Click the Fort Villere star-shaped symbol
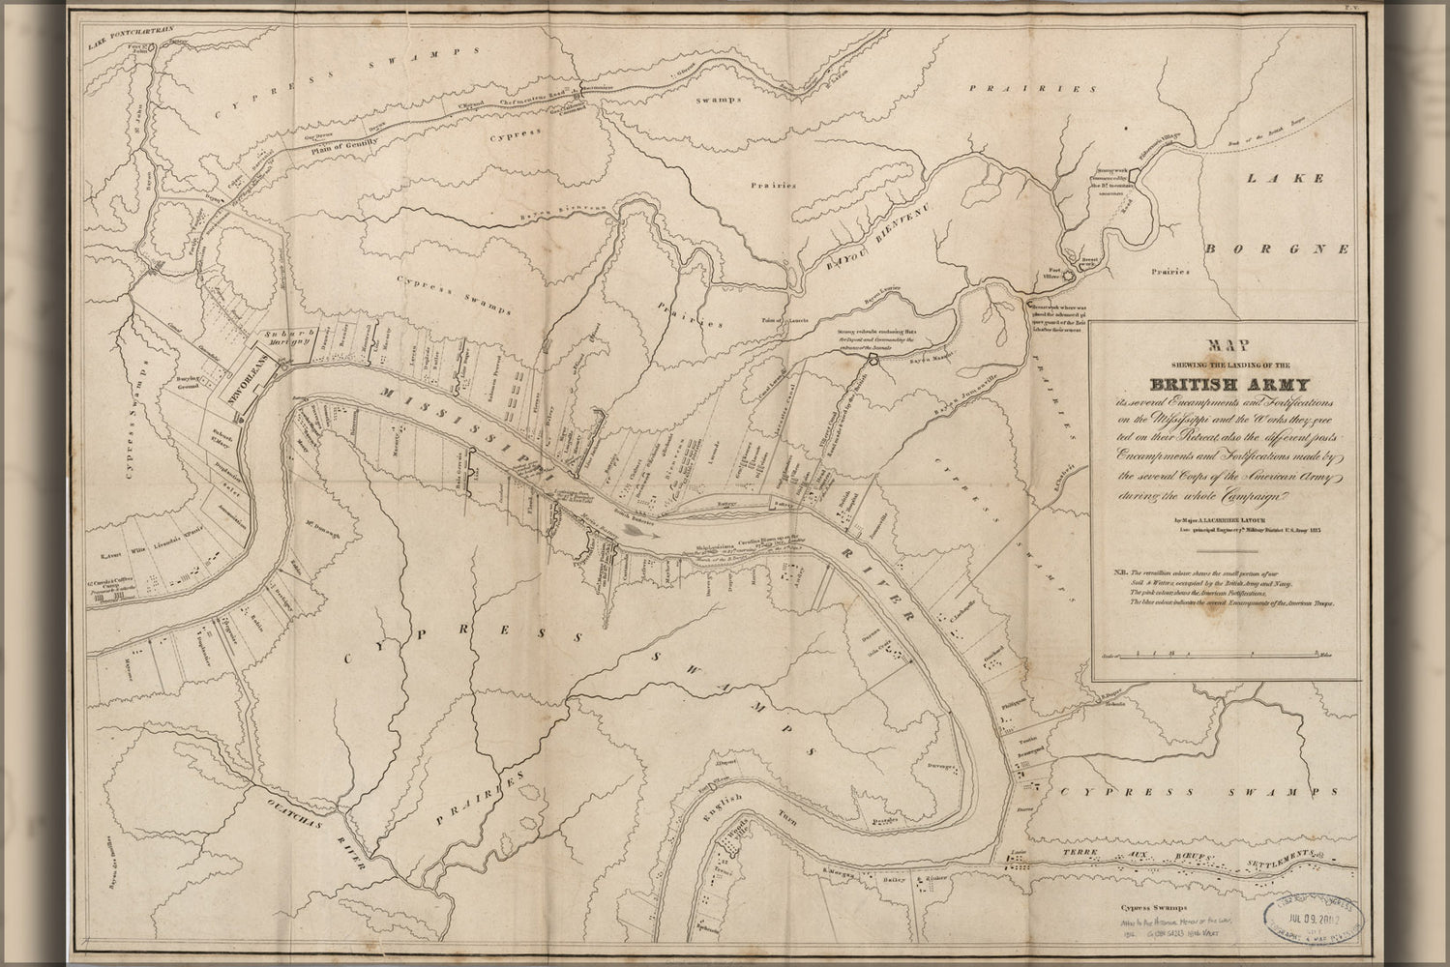(x=1069, y=275)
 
